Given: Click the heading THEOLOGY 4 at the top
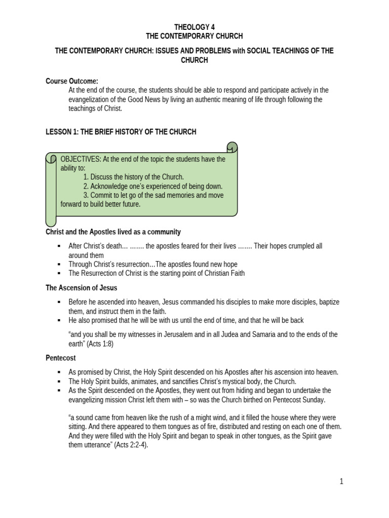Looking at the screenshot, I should pos(194,27).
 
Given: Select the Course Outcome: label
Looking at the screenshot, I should pos(72,81).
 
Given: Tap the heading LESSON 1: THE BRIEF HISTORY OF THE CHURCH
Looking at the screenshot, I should pos(121,132).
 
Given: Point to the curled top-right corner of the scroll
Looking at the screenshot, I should pos(231,148).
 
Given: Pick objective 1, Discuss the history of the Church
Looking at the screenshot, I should pos(134,177).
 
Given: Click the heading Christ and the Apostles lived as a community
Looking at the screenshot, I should pos(113,232).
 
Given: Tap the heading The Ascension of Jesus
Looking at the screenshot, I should pos(81,288).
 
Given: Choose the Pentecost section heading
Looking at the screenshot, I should pos(61,358).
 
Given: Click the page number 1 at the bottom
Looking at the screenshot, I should pos(341,481).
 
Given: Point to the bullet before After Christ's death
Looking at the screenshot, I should pos(59,246).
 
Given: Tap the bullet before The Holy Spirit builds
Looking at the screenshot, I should pos(59,381).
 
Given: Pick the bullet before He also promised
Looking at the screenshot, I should pos(59,321).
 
